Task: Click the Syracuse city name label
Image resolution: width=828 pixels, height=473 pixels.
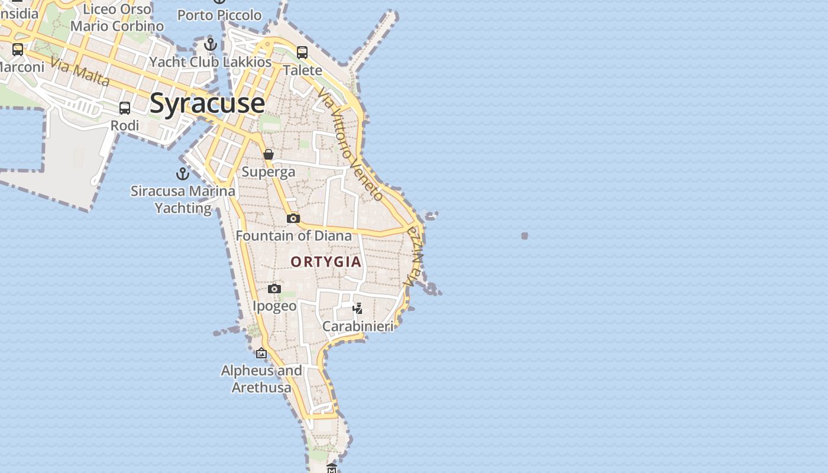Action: click(207, 103)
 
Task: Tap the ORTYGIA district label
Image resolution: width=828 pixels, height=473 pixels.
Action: click(326, 262)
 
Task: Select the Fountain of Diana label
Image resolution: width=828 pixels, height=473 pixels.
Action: click(294, 236)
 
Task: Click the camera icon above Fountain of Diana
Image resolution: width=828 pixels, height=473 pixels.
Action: click(293, 219)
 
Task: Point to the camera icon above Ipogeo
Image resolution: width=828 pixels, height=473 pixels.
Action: click(274, 289)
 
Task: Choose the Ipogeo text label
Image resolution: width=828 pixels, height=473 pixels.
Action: click(274, 306)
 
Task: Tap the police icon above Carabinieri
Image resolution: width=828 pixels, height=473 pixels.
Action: click(357, 308)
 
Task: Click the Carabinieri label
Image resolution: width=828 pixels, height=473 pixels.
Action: click(358, 326)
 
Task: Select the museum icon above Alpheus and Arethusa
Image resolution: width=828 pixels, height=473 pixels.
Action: click(261, 354)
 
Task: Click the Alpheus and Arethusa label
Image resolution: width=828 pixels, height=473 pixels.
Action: click(261, 379)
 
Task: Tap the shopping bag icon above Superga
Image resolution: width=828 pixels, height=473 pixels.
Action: click(269, 154)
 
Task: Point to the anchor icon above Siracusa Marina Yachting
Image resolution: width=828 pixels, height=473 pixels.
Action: click(183, 174)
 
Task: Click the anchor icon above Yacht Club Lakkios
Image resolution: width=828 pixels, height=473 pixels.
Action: click(211, 44)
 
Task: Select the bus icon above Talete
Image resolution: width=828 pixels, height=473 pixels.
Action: click(302, 53)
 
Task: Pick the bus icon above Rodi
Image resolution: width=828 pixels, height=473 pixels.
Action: click(125, 108)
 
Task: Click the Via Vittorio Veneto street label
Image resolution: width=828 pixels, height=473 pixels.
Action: click(350, 144)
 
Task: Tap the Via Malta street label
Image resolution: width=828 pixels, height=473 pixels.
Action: click(80, 72)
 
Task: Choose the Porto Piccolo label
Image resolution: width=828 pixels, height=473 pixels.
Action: click(219, 15)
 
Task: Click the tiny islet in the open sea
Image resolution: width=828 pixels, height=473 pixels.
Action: click(524, 236)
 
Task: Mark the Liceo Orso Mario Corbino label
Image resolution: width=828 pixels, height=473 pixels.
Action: click(117, 18)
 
